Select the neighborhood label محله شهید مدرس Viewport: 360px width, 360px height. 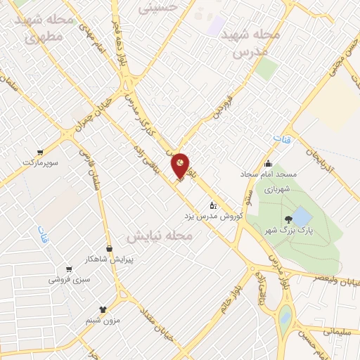tap(250, 43)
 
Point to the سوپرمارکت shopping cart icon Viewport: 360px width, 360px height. tap(40, 153)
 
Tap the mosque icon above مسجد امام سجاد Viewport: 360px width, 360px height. tap(267, 164)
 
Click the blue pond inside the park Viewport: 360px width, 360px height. tap(300, 216)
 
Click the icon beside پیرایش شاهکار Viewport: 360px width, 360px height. tap(109, 249)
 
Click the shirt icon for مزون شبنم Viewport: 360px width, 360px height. tap(103, 309)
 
